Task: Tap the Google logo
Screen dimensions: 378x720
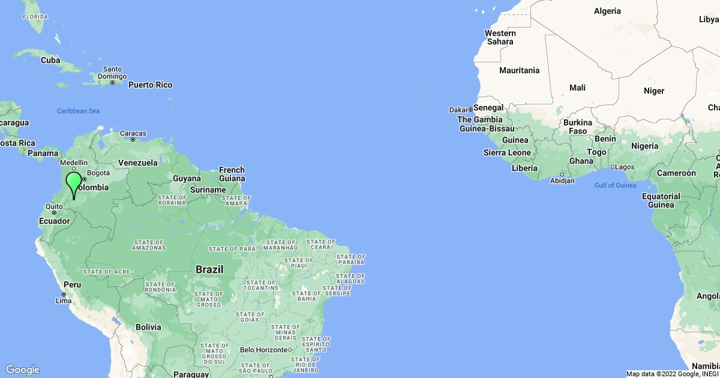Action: click(22, 370)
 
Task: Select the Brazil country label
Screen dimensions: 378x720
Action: click(209, 269)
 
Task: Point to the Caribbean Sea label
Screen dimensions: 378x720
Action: click(78, 111)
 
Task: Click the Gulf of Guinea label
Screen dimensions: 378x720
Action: click(615, 185)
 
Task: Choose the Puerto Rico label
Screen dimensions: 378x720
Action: click(150, 85)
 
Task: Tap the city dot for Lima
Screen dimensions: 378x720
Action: click(64, 294)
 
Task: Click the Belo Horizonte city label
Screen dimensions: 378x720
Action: click(263, 350)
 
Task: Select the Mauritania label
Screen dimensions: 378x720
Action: click(519, 70)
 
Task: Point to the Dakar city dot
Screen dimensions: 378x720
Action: click(470, 110)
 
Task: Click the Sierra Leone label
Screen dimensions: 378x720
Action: click(507, 152)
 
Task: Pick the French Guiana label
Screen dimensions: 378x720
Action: click(232, 174)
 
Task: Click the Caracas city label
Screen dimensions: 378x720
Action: click(133, 133)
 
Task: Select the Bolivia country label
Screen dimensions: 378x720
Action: click(148, 327)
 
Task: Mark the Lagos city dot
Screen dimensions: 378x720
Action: click(613, 167)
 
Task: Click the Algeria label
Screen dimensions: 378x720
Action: click(607, 11)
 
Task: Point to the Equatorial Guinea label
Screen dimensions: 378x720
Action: click(661, 200)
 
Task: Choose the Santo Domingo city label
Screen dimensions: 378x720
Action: click(113, 73)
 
